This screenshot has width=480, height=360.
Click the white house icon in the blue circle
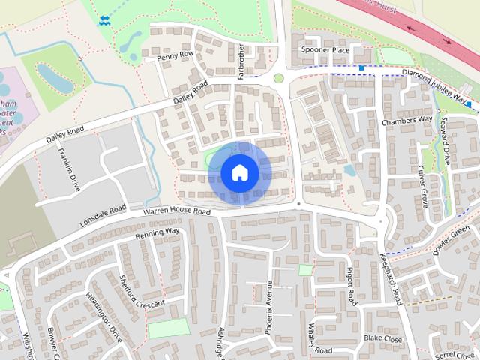239,172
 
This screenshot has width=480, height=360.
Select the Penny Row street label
175,56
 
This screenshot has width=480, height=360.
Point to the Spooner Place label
325,50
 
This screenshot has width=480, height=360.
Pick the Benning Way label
157,232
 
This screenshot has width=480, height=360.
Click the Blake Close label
382,339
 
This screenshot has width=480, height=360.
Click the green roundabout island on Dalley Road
279,78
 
